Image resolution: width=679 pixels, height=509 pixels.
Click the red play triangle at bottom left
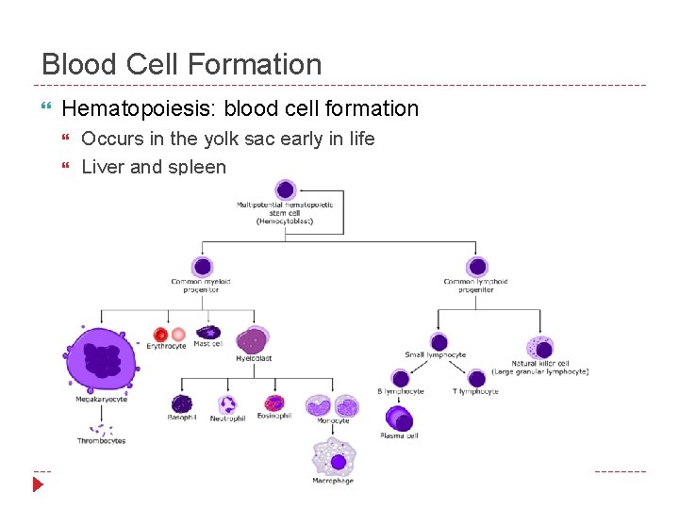point(38,484)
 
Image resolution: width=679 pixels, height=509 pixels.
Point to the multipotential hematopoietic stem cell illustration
point(285,190)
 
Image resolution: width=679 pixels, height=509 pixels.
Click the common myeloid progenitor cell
point(202,267)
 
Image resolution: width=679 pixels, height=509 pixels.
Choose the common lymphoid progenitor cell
point(477,267)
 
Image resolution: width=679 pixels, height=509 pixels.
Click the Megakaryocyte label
point(102,400)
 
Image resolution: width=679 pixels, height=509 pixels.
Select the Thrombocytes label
point(102,440)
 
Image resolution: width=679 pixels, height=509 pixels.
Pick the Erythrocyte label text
point(166,347)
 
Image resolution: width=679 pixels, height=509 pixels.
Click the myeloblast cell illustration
point(252,340)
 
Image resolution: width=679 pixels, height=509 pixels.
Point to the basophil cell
point(181,403)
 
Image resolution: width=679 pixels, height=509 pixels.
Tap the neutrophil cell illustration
point(227,404)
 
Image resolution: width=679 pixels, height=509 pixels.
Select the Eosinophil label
point(274,416)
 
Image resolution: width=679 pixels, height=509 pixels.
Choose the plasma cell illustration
point(399,418)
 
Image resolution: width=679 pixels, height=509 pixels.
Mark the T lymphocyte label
point(476,391)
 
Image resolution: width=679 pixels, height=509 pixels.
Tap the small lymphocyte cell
point(439,342)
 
